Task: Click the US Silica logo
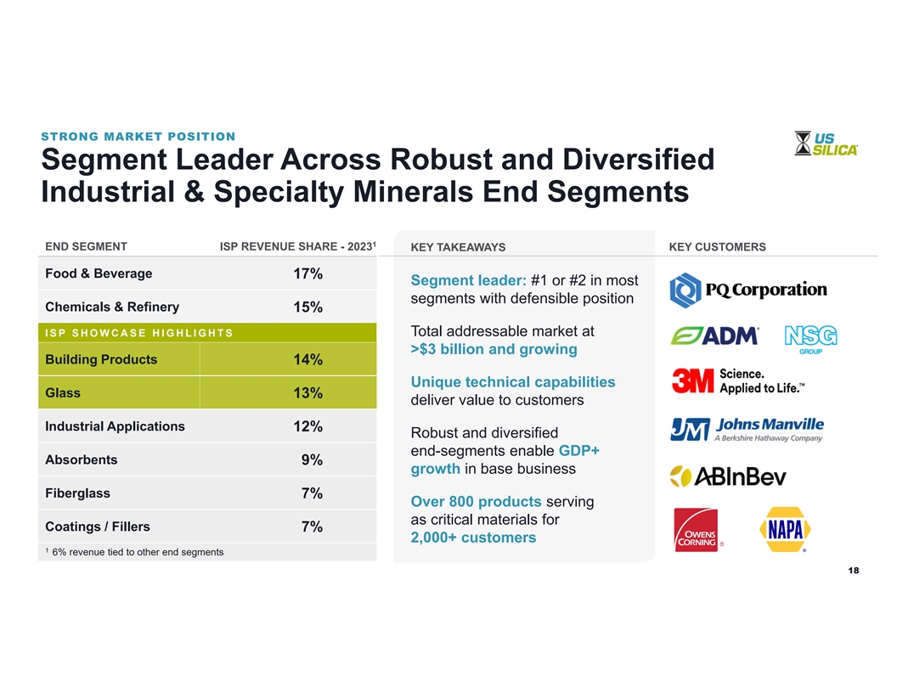coord(826,143)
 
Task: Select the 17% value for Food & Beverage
coord(307,274)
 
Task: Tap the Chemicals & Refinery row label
coord(112,307)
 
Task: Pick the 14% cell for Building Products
coord(307,360)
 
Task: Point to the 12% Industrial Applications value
coord(307,427)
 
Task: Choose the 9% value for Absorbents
coord(311,460)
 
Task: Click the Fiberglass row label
coord(77,493)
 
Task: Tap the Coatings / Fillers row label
coord(98,527)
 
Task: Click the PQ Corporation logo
coord(747,290)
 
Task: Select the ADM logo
coord(714,336)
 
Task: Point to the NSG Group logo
coord(810,338)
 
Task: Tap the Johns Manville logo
coord(747,429)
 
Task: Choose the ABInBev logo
coord(728,476)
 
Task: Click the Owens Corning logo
coord(697,531)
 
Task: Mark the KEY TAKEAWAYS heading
coord(457,248)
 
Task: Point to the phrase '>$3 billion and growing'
coord(494,350)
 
